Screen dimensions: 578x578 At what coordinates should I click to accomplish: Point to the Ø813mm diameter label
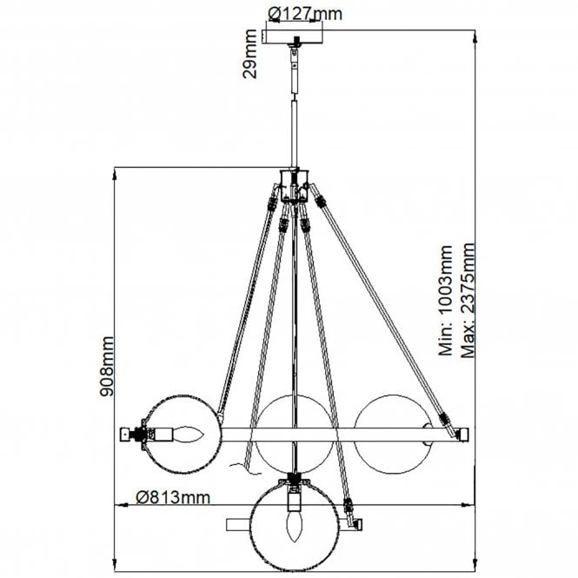(x=174, y=497)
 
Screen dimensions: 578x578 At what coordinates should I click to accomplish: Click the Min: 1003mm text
(x=447, y=300)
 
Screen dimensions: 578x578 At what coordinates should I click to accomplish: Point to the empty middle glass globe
(x=296, y=432)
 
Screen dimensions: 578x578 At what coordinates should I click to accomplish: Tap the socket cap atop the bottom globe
(x=296, y=479)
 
